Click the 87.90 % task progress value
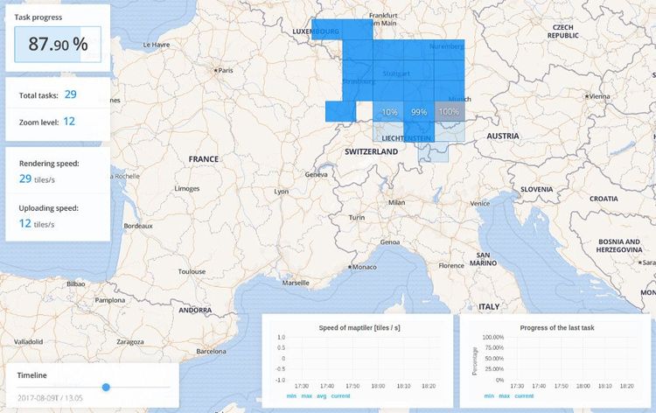58,45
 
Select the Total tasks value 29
70,94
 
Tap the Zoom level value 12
69,122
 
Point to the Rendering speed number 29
25,178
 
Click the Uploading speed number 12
25,223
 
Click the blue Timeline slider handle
106,386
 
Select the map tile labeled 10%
389,112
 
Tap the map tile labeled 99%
419,112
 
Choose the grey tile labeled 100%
448,112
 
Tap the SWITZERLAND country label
371,151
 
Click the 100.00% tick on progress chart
492,337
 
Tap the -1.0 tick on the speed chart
280,380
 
